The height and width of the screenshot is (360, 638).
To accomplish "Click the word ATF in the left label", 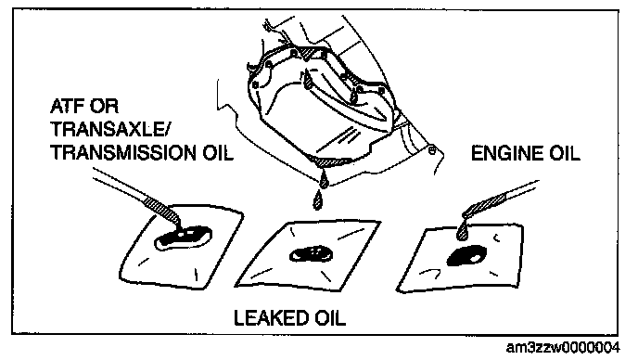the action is click(67, 107).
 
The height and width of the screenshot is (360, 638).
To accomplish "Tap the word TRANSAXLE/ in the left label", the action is click(108, 130).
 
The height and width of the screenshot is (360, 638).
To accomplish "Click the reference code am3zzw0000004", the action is click(563, 347).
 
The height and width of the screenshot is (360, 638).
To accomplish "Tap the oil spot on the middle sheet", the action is click(311, 254).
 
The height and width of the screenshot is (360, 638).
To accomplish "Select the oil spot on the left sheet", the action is click(183, 238).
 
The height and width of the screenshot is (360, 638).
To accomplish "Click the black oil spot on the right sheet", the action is click(466, 256).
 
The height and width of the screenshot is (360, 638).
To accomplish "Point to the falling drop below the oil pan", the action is click(318, 200).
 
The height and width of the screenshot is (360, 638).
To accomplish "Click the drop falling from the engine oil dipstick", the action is click(462, 231).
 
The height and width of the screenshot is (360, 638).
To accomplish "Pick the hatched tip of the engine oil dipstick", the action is click(485, 206).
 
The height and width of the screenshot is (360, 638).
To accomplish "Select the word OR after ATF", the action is click(105, 107).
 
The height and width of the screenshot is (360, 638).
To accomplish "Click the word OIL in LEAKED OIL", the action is click(329, 317).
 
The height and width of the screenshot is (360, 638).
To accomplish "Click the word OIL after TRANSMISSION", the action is click(218, 153).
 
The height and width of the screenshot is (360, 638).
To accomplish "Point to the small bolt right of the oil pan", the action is click(432, 150).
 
